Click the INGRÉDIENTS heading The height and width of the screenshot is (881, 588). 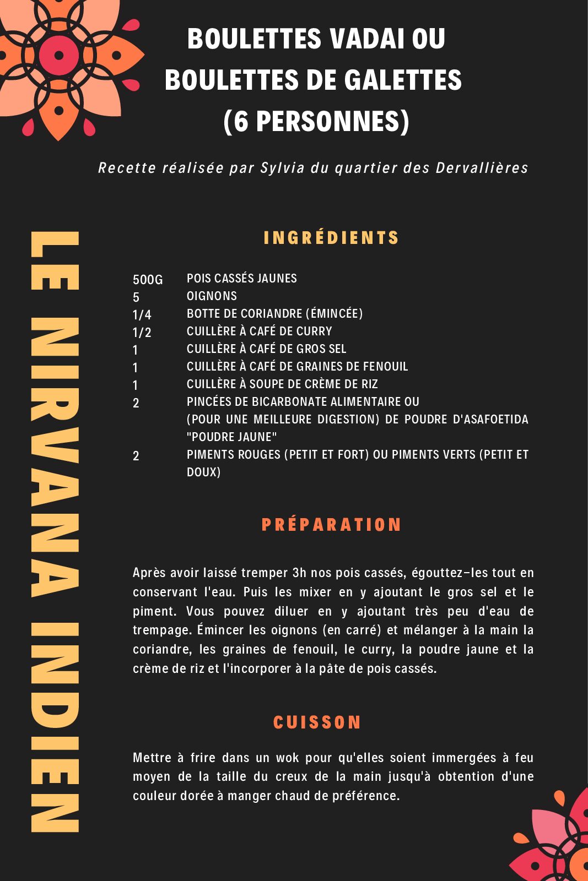pos(331,238)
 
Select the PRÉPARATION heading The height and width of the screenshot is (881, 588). pos(331,525)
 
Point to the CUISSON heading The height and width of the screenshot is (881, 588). pos(317,722)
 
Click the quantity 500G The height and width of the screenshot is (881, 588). pos(148,280)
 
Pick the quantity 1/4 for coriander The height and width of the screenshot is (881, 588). pos(142,315)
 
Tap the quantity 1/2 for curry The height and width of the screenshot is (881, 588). pos(142,333)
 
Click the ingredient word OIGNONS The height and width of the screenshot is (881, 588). pos(212,296)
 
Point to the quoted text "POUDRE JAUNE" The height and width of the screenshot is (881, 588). pos(231,437)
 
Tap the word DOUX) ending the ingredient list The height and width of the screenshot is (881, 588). pos(203,472)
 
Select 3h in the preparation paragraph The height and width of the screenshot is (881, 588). pos(299,573)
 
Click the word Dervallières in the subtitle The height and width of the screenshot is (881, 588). pos(482,168)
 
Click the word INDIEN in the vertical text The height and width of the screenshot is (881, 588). pos(55,727)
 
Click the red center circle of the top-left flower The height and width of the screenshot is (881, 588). pos(58,55)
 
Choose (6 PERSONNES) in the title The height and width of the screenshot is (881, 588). pos(316,121)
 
